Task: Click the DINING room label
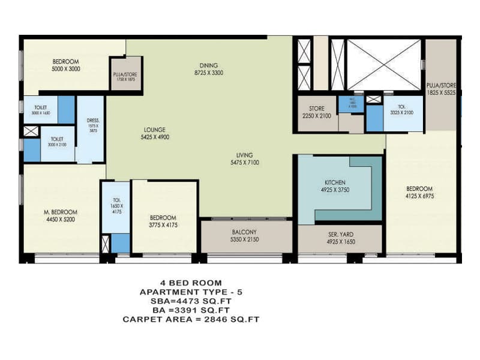[209, 65]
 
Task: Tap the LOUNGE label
[154, 130]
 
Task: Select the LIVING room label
[245, 154]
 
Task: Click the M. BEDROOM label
[60, 212]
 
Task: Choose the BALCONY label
[244, 232]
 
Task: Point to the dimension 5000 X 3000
[66, 69]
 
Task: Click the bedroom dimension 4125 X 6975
[420, 196]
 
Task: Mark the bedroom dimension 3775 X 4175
[163, 225]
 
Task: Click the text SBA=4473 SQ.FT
[191, 301]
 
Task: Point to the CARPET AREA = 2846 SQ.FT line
[191, 319]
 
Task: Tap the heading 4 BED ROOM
[191, 282]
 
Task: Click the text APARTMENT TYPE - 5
[191, 292]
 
